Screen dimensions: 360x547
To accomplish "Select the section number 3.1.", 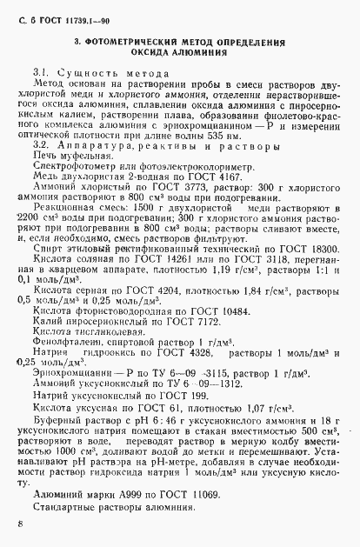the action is (x=41, y=68).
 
